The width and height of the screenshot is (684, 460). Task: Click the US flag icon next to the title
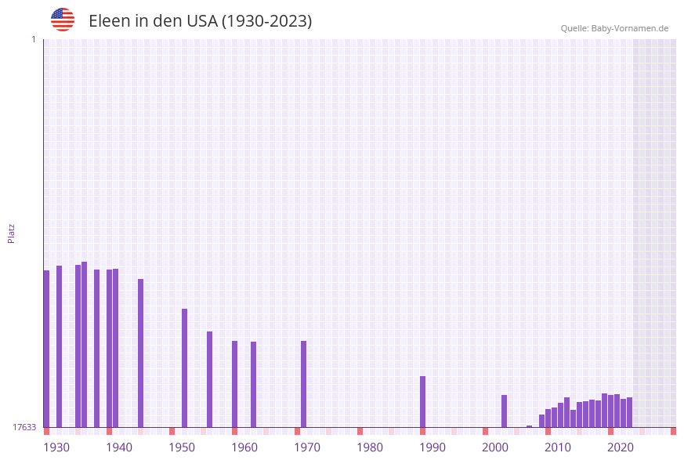pos(63,20)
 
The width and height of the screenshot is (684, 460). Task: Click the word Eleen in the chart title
pos(109,21)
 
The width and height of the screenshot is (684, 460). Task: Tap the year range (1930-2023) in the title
pos(266,21)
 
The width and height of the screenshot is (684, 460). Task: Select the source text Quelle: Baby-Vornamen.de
pos(614,28)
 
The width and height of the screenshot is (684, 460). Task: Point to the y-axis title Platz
pos(12,233)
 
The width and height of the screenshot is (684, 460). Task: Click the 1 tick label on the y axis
pos(33,39)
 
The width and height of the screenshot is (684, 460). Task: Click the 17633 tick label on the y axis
pos(24,427)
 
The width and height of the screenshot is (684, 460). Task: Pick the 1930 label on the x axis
pos(56,447)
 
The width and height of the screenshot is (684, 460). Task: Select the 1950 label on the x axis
pos(182,447)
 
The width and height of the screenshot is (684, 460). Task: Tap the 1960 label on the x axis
pos(244,447)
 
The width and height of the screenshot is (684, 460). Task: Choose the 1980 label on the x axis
pos(370,447)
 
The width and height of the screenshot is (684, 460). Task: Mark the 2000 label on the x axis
pos(495,447)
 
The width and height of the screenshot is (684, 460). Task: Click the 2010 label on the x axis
pos(558,447)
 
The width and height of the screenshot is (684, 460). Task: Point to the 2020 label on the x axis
pos(621,447)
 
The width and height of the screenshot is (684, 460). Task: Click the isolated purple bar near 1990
pos(422,401)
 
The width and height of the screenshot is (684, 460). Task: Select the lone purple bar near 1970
pos(303,384)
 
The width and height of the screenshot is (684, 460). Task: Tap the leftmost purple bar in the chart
pos(46,349)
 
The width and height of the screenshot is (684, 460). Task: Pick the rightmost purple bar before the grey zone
pos(629,412)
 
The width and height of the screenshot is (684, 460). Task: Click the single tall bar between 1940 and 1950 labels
pos(140,353)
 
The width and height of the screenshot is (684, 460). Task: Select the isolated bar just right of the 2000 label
pos(504,411)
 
